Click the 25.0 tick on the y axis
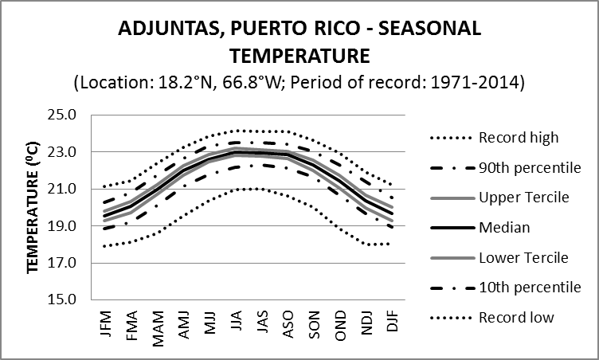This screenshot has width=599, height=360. [61, 115]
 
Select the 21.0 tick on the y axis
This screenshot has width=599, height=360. [61, 189]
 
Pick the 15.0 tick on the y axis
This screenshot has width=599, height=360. [61, 300]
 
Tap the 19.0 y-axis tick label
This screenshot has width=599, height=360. [61, 226]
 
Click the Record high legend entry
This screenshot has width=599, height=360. [519, 137]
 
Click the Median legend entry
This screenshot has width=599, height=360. [503, 228]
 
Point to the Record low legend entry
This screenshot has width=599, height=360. [516, 318]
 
